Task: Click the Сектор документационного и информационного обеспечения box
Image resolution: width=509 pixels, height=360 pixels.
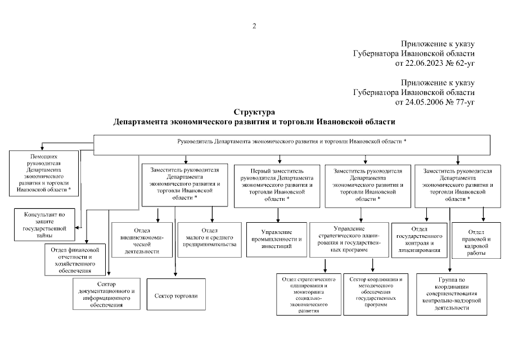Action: pyautogui.click(x=106, y=294)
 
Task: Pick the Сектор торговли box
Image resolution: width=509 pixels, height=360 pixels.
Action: pyautogui.click(x=176, y=295)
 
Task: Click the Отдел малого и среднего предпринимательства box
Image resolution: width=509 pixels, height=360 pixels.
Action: pyautogui.click(x=209, y=238)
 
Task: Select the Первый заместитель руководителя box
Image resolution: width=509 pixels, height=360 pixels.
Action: pyautogui.click(x=278, y=184)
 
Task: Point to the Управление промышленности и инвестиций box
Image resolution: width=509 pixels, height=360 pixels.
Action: pyautogui.click(x=277, y=239)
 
